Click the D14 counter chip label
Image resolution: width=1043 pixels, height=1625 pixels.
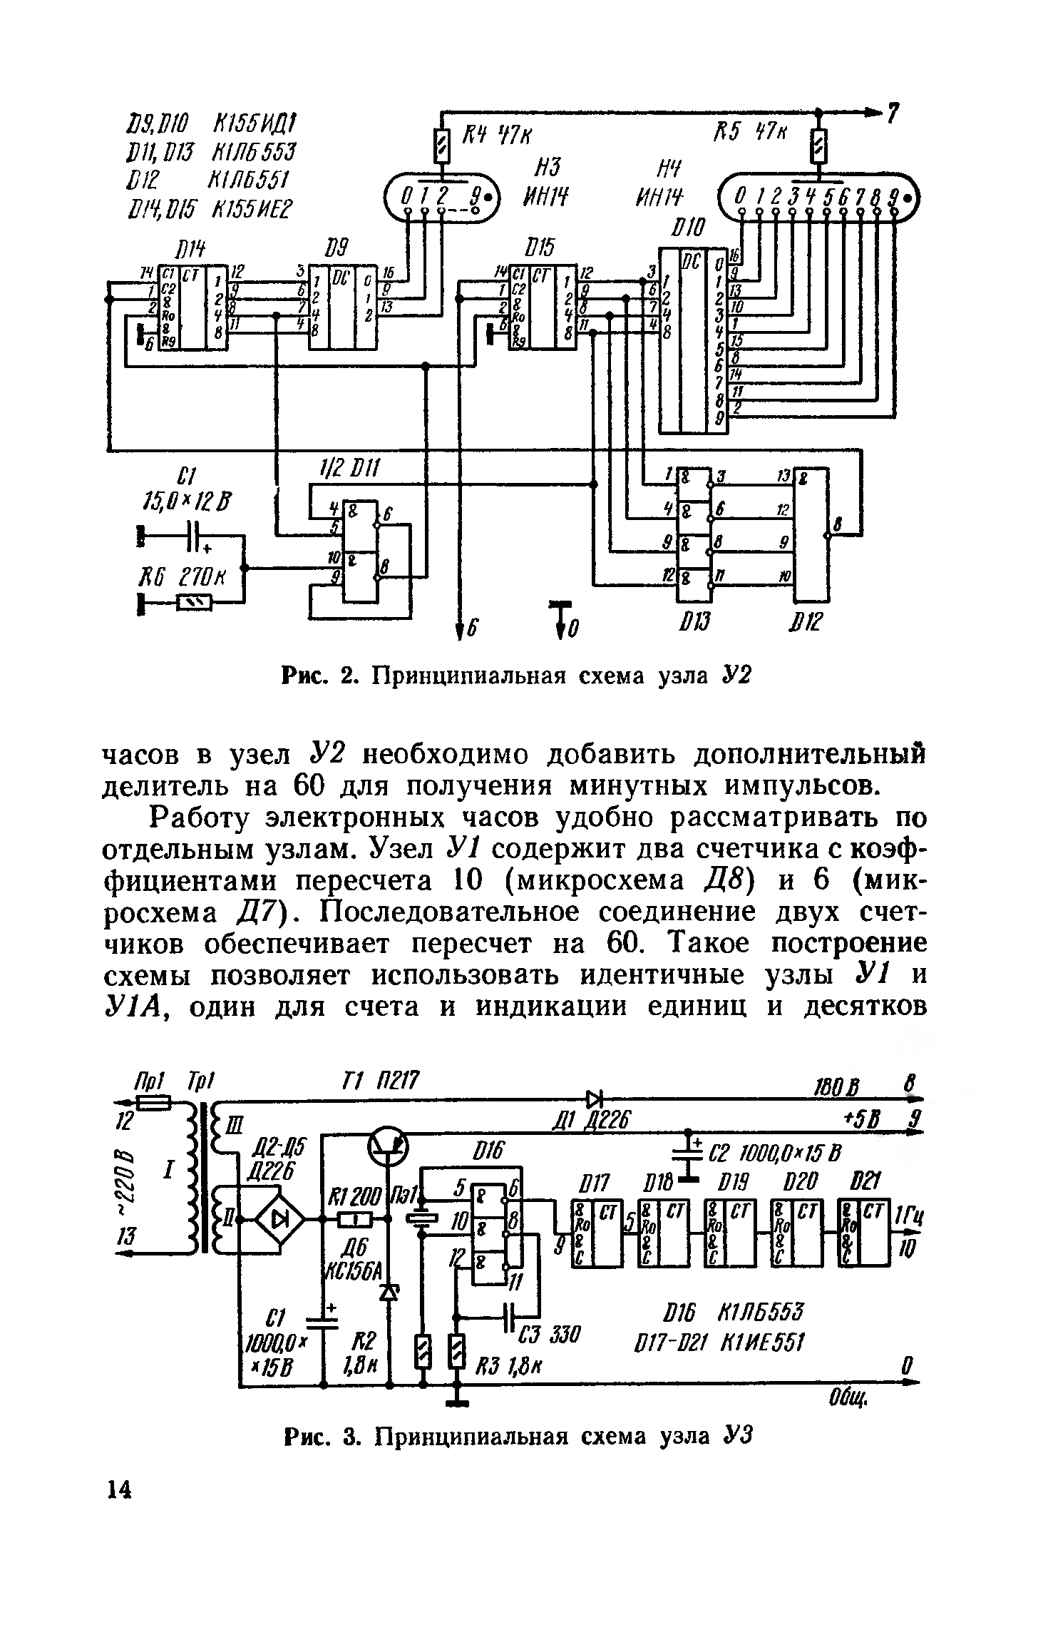coord(190,249)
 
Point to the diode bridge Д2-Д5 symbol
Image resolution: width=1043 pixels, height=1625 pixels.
coord(279,1220)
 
